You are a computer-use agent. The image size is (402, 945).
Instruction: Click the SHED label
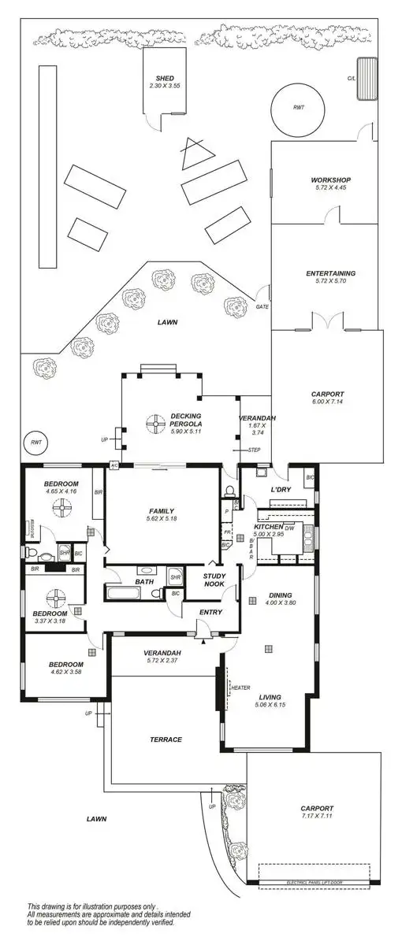click(165, 77)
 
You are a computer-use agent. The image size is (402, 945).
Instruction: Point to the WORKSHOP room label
click(330, 180)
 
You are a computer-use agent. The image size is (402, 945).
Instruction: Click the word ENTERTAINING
click(330, 273)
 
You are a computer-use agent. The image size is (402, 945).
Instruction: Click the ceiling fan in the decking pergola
click(151, 422)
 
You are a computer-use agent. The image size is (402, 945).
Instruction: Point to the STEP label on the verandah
click(254, 450)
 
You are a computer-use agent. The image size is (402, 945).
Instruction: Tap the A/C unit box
click(114, 465)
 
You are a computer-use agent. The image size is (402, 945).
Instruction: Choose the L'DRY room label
click(281, 491)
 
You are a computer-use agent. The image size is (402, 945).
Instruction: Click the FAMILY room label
click(161, 511)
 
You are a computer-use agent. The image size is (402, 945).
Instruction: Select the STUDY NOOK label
click(214, 580)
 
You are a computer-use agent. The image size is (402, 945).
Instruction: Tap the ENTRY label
click(210, 612)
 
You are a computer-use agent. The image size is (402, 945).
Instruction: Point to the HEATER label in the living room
click(240, 687)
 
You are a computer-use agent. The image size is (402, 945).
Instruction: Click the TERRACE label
click(166, 739)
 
